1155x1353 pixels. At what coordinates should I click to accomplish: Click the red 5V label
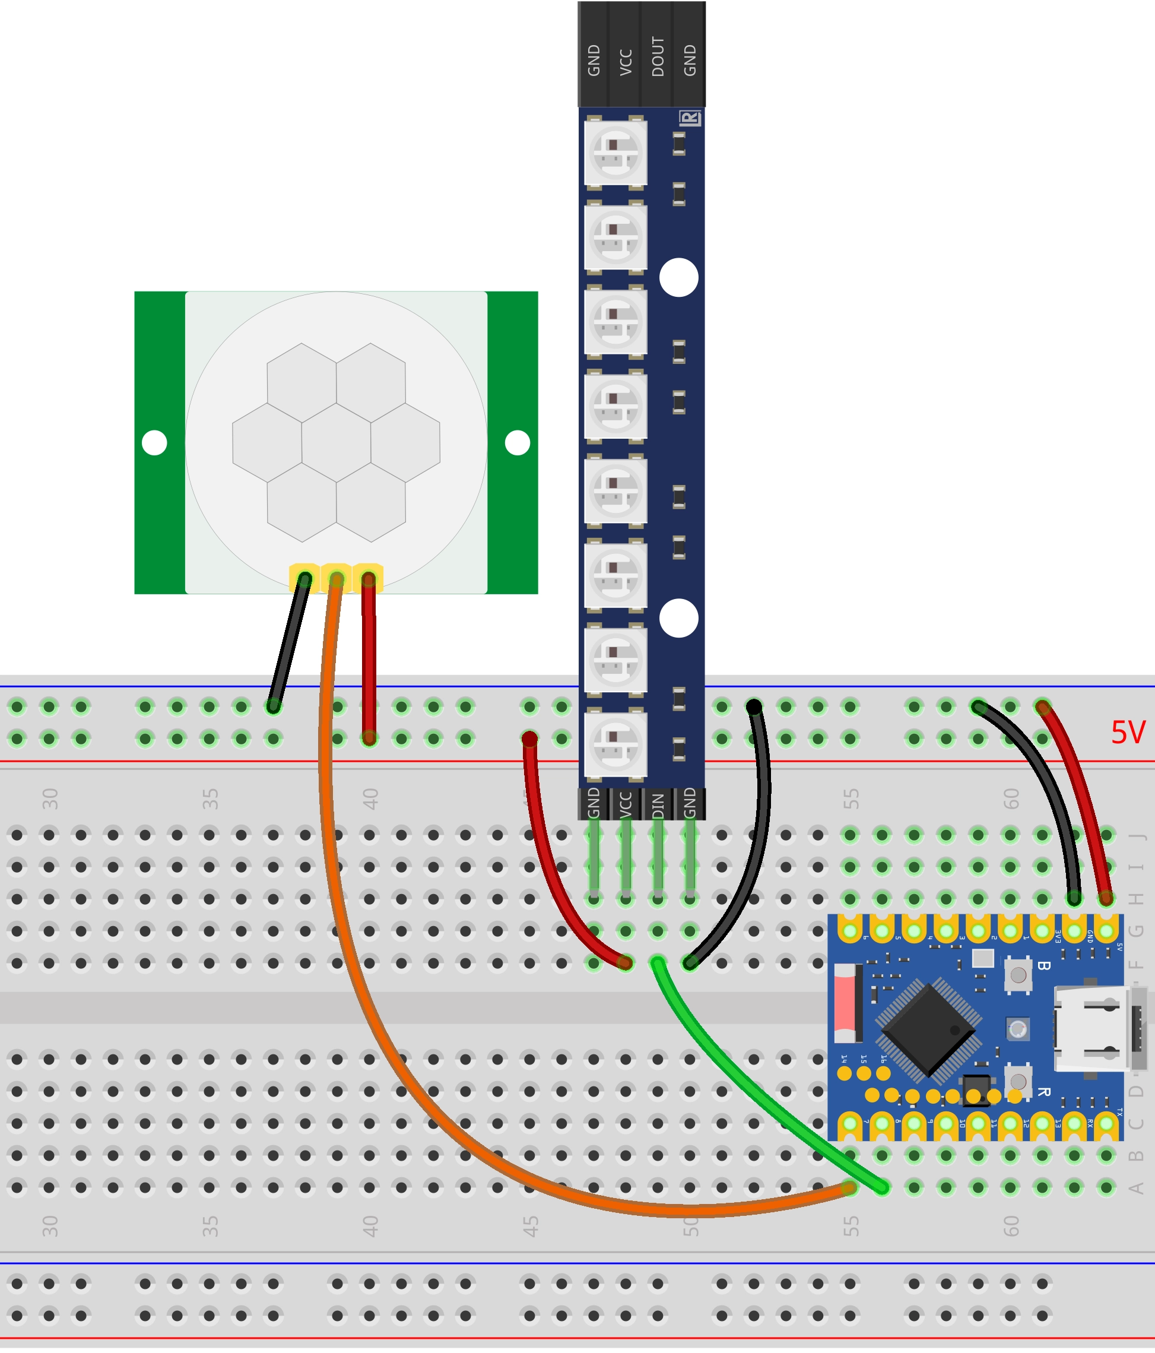(x=1128, y=733)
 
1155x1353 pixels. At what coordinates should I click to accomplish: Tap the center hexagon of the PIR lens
(x=337, y=443)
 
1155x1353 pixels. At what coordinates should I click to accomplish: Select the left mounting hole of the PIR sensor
(x=155, y=443)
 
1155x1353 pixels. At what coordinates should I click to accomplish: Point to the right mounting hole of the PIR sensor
(x=517, y=443)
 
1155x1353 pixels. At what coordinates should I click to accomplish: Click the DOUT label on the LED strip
(x=658, y=57)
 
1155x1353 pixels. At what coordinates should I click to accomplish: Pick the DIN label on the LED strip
(x=658, y=805)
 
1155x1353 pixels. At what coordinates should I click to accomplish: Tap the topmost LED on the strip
(x=615, y=152)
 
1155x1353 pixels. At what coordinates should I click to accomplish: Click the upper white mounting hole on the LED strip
(x=679, y=277)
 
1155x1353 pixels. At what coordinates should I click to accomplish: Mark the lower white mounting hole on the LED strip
(x=679, y=618)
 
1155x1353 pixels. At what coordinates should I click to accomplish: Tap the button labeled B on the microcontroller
(x=1018, y=975)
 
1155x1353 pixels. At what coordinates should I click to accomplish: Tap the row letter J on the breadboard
(x=1137, y=835)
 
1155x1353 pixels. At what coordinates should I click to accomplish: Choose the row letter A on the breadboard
(x=1137, y=1188)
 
